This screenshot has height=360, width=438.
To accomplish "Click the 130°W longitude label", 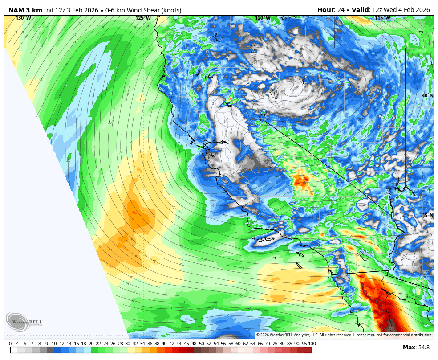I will pos(23,18).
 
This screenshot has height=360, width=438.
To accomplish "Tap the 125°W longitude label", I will pos(143,18).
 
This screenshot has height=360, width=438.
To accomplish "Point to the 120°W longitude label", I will pos(263,18).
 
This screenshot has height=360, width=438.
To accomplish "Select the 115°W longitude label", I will pos(382,18).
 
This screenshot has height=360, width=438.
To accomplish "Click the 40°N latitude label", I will pos(427,96).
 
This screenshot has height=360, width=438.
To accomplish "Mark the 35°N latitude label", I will pos(427,215).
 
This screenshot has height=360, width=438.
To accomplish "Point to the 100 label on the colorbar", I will pos(312,344).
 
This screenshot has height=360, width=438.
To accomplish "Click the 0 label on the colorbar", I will pos(10,344).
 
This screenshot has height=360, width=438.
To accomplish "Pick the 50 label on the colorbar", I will pos(201,344).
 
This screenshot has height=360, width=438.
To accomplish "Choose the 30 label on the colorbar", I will pos(128,344).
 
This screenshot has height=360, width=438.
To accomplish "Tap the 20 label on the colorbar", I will pos(91,344).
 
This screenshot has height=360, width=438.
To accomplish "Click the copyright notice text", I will pos(344,335).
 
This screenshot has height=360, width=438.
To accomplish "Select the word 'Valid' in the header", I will pos(360,10).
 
